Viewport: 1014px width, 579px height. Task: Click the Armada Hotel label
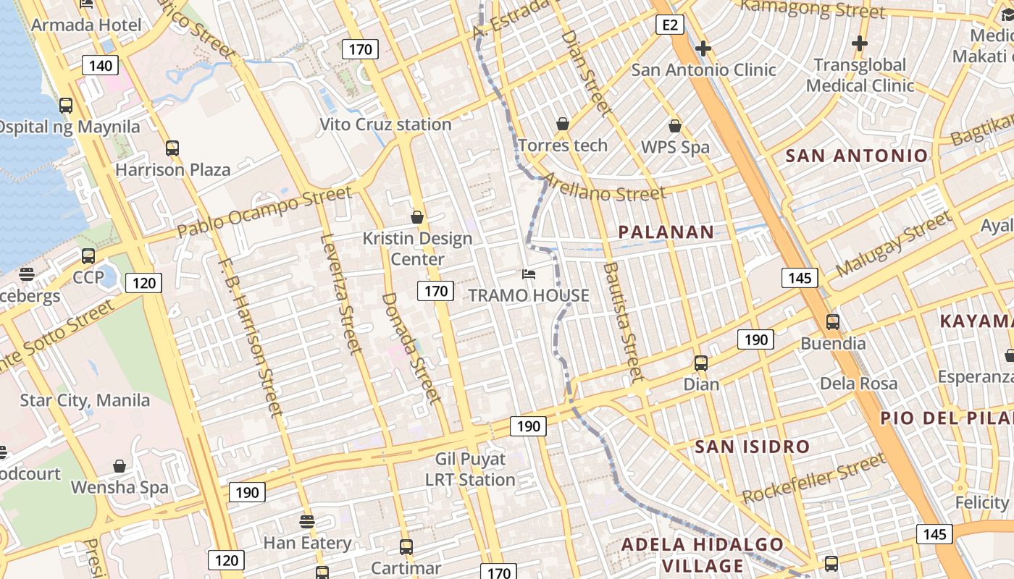(87, 25)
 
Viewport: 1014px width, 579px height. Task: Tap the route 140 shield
(100, 66)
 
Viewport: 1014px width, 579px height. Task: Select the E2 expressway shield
(669, 25)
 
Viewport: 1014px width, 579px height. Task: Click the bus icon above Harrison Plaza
(172, 148)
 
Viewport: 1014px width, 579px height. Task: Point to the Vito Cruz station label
(386, 124)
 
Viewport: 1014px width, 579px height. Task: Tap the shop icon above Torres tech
(563, 124)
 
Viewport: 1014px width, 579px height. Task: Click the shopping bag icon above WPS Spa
(675, 127)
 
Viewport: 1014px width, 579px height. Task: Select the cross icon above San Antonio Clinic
(703, 48)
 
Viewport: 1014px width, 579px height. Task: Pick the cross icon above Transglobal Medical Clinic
(860, 44)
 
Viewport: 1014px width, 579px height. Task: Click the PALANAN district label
(666, 232)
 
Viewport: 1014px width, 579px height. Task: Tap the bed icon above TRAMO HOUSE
(529, 274)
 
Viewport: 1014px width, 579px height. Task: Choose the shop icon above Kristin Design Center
(417, 217)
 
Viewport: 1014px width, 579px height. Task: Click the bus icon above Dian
(701, 363)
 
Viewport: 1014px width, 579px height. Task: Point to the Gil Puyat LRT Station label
(470, 469)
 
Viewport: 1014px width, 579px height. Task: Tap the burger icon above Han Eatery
(307, 522)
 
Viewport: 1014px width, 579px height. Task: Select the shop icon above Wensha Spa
(120, 467)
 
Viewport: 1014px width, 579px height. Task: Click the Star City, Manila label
(85, 400)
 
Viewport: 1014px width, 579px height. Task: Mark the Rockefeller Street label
(813, 478)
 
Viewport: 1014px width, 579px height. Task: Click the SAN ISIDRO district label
(752, 447)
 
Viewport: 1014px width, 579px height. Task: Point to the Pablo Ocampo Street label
(265, 211)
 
